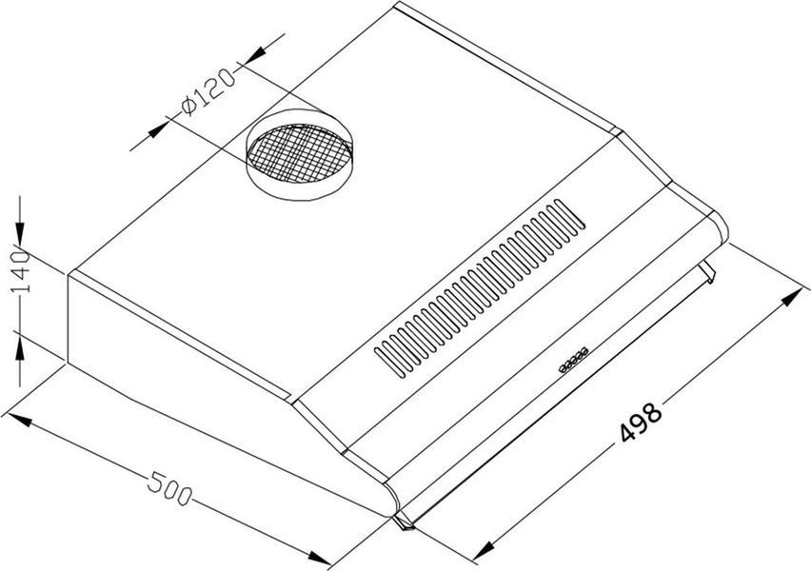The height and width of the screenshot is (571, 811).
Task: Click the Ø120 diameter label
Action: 208,92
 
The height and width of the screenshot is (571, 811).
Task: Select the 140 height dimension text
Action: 21,271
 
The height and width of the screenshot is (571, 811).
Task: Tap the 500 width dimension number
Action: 169,489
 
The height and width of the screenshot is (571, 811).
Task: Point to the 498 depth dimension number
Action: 641,422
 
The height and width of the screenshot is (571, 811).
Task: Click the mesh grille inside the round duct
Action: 300,153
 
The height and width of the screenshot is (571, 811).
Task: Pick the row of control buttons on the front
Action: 573,360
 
